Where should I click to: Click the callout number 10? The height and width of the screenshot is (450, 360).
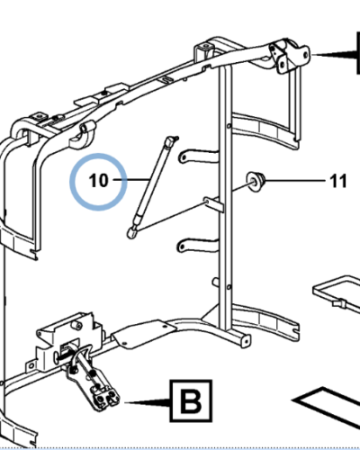point(98,181)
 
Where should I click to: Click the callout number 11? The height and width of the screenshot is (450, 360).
point(338,181)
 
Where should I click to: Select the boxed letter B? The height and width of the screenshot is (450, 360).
point(191,401)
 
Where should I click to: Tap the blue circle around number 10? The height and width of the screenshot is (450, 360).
point(98,153)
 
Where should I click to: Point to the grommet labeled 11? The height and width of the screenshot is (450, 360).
point(256,181)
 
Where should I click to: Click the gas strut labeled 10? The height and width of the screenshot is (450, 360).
point(152,186)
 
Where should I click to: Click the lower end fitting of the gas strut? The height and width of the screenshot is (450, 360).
point(131,233)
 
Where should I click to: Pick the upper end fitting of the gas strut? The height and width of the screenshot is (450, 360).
point(171,140)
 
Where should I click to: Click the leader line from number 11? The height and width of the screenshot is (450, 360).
point(295,181)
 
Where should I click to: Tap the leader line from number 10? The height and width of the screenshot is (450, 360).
point(131,180)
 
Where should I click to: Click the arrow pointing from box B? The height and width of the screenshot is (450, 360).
point(148,401)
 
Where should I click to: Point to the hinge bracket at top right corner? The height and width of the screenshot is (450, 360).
point(289,56)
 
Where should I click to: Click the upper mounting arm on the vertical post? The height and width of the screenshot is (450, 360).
point(199,157)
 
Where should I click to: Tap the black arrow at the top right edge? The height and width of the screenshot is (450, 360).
point(336,55)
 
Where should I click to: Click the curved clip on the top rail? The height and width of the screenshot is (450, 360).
point(82,135)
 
